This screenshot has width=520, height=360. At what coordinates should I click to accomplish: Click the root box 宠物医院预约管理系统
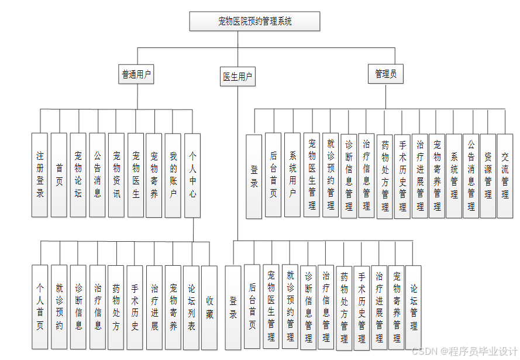click(x=254, y=22)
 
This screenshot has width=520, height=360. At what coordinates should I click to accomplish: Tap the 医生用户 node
click(x=238, y=77)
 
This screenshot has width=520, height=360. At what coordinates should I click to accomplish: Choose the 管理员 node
click(x=386, y=74)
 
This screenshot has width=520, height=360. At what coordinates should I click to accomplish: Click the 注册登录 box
click(x=40, y=174)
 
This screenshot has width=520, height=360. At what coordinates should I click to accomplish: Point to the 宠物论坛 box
click(x=78, y=174)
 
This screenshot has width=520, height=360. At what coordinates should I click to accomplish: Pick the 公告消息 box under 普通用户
click(x=98, y=174)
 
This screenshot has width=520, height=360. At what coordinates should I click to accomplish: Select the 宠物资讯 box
click(x=116, y=174)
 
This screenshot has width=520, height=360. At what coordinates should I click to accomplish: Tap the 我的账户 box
click(x=173, y=174)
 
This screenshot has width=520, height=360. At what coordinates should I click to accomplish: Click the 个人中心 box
click(x=192, y=174)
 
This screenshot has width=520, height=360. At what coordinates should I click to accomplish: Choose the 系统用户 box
click(x=292, y=175)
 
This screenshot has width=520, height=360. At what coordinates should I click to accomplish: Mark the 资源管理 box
click(x=488, y=175)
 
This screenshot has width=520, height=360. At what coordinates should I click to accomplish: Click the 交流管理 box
click(x=505, y=175)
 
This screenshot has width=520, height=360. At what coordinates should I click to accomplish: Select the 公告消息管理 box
click(x=471, y=175)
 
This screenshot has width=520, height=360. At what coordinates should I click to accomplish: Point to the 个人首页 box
click(x=40, y=307)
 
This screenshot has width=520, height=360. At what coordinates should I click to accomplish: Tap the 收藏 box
click(x=209, y=307)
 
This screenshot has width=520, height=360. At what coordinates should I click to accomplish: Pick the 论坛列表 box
click(x=191, y=307)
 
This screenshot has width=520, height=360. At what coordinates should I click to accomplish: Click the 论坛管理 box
click(x=414, y=307)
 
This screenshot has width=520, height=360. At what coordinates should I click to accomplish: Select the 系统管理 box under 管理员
click(x=454, y=175)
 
